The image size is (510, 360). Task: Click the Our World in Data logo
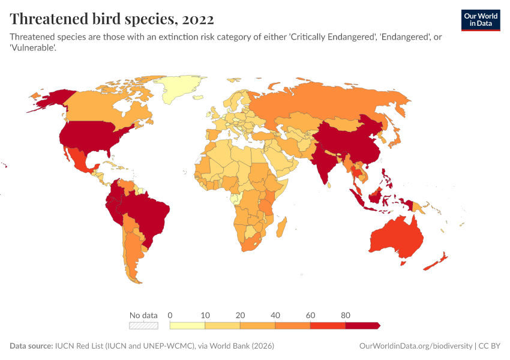tap(480, 20)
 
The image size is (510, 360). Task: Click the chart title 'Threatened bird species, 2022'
tap(111, 19)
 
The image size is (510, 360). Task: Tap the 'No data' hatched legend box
tap(144, 325)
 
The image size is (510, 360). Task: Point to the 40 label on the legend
tap(275, 315)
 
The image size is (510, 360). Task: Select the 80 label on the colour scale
tap(346, 315)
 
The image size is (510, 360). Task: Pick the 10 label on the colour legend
tap(205, 315)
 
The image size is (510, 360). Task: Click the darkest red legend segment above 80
tap(362, 325)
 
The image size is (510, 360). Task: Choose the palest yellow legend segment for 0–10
tap(188, 325)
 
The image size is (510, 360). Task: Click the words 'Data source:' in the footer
tap(31, 346)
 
